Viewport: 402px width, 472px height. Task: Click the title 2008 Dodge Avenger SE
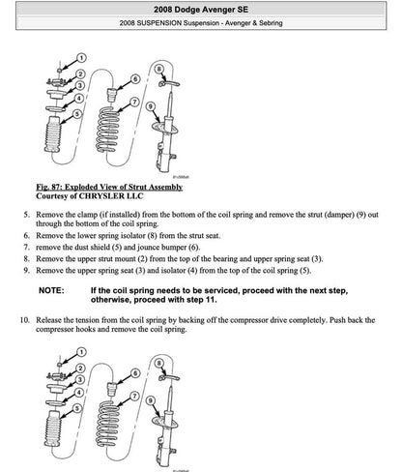[x=201, y=8]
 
